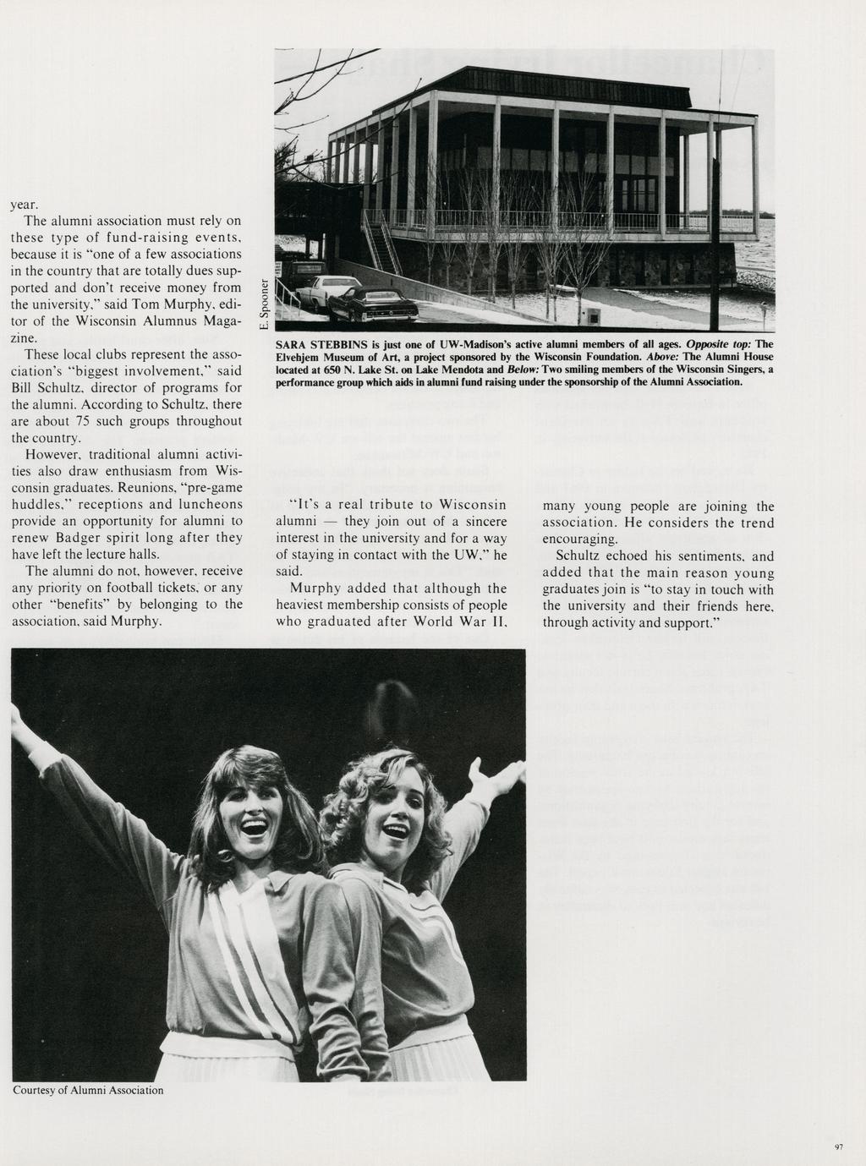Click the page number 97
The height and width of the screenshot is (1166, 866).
click(x=839, y=1147)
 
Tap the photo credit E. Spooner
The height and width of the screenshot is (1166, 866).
click(x=265, y=304)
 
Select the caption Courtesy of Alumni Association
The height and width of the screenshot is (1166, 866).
click(x=88, y=1091)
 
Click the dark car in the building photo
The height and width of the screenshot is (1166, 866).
click(x=373, y=304)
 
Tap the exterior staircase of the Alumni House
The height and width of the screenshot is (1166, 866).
click(x=381, y=241)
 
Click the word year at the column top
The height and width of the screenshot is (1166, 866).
click(x=25, y=205)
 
